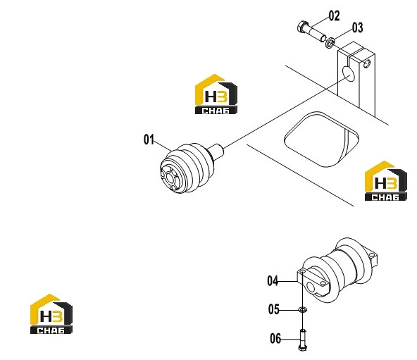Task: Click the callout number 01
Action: click(x=149, y=139)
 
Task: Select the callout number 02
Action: click(x=335, y=15)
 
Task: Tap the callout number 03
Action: click(x=357, y=27)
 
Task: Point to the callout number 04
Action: click(x=273, y=281)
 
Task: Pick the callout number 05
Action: click(x=273, y=309)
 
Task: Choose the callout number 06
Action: click(x=275, y=339)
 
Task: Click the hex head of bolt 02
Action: click(x=302, y=27)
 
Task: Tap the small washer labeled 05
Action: click(x=303, y=309)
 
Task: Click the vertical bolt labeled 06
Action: click(x=303, y=340)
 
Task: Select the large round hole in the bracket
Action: click(x=349, y=74)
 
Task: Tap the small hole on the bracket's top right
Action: click(x=367, y=64)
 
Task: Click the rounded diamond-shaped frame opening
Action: click(x=322, y=139)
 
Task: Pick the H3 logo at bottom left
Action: click(x=51, y=314)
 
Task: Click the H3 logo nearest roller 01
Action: click(x=216, y=94)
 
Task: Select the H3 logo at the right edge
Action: click(x=385, y=180)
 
